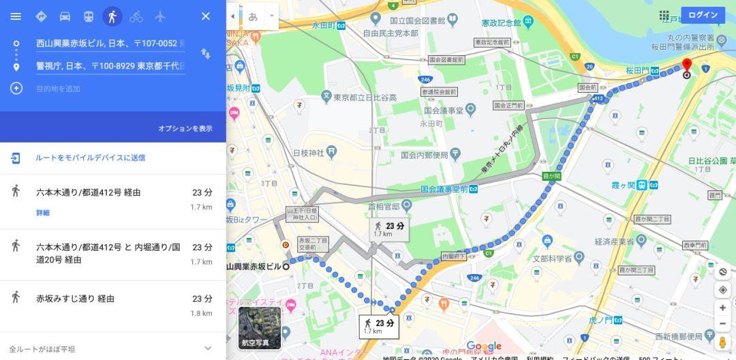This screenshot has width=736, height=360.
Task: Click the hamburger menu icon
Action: [x=16, y=16]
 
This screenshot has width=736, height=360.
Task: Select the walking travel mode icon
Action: [x=112, y=16]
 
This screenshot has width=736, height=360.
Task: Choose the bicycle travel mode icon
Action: [x=136, y=16]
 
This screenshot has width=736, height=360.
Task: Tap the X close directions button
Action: [x=205, y=16]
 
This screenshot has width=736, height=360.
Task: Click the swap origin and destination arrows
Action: [x=205, y=53]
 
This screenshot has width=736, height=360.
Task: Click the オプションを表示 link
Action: [x=185, y=128]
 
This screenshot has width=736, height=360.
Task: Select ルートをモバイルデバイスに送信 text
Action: [x=90, y=157]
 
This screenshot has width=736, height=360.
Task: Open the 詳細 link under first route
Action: [x=43, y=213]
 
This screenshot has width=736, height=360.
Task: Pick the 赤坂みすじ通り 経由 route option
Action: [x=75, y=299]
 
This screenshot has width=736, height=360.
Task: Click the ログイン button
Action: [x=703, y=15]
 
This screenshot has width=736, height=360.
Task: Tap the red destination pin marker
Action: [x=686, y=65]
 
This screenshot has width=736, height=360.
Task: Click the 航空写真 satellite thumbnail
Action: [x=260, y=328]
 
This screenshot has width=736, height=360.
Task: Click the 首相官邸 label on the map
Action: [x=382, y=205]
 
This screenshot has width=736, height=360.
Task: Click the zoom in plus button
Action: [x=722, y=307]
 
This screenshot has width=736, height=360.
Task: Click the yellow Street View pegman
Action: [x=722, y=342]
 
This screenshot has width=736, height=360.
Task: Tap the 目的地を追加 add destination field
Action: [x=58, y=89]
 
